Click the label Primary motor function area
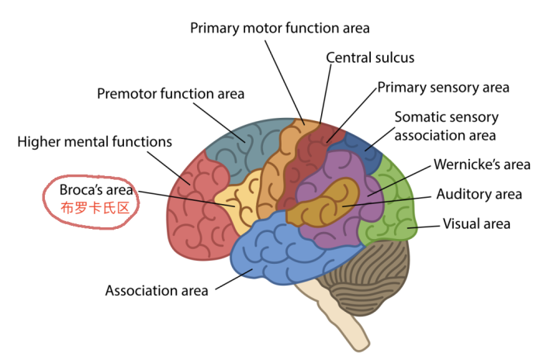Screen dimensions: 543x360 click(x=280, y=29)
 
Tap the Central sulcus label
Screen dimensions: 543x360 click(x=370, y=58)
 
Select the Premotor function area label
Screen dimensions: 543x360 click(x=171, y=94)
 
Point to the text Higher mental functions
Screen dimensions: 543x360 click(x=95, y=142)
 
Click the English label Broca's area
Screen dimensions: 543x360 click(x=96, y=190)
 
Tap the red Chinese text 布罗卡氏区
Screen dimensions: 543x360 click(x=95, y=208)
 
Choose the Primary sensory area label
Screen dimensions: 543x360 click(x=443, y=88)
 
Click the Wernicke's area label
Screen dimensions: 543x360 click(x=482, y=164)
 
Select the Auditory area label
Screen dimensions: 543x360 click(x=479, y=195)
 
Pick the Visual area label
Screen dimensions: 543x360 click(x=476, y=223)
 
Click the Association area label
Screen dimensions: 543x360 click(x=157, y=291)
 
